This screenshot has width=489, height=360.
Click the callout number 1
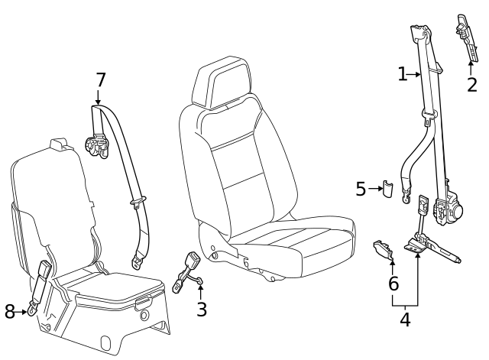point(403,74)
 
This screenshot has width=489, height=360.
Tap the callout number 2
point(472,85)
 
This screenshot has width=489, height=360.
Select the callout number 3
point(201,309)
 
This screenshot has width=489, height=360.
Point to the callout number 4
point(405,320)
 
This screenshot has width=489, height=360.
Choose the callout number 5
point(361,189)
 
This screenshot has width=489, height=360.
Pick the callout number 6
point(393,284)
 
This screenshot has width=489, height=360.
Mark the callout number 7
point(100,80)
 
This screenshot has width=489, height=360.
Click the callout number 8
point(10,312)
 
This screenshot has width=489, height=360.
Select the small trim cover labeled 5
point(388,189)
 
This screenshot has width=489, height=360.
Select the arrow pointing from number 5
point(375,189)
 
